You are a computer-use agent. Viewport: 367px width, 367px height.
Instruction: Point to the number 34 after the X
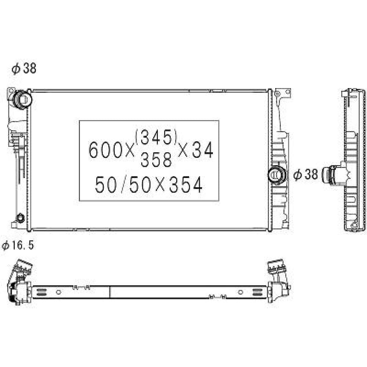(204, 150)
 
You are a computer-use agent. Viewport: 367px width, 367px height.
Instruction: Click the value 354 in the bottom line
(185, 185)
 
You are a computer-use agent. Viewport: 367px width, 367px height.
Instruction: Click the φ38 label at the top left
(24, 69)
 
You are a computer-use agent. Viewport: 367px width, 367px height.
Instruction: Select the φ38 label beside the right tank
(306, 175)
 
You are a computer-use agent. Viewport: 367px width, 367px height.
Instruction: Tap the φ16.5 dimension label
(18, 246)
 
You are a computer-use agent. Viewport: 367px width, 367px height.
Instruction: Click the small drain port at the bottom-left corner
(21, 218)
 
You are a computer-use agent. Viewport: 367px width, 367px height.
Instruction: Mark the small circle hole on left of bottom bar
(58, 292)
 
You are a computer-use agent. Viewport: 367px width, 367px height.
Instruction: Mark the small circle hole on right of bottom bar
(240, 292)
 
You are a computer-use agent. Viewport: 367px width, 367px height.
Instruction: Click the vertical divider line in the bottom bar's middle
(110, 292)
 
